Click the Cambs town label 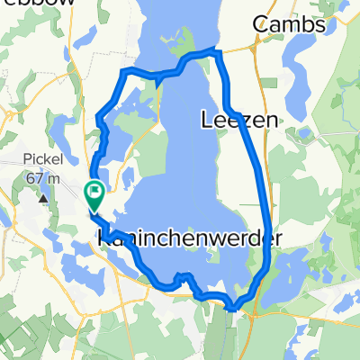[290, 25]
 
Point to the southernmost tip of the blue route [232, 308]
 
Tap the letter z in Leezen [245, 119]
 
